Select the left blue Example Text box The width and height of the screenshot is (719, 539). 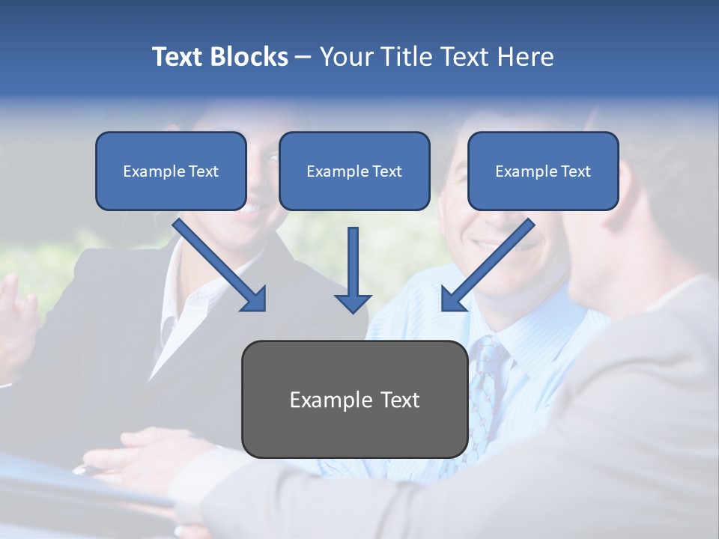pyautogui.click(x=171, y=171)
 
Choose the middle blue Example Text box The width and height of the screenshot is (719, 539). pyautogui.click(x=354, y=171)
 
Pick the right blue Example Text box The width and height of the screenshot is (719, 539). pyautogui.click(x=543, y=171)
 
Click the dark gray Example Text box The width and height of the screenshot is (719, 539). pyautogui.click(x=354, y=399)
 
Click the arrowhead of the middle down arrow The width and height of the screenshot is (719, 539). pyautogui.click(x=353, y=302)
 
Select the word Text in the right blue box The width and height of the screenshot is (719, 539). pyautogui.click(x=575, y=171)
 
